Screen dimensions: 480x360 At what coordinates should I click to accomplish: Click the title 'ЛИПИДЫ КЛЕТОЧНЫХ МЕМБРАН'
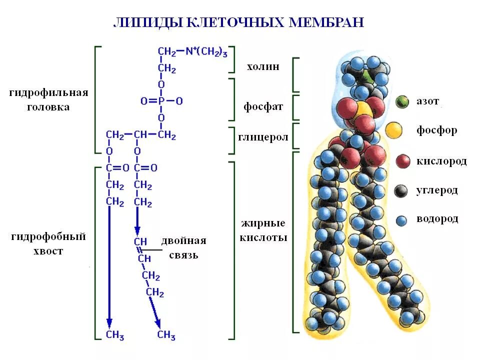pos(239,22)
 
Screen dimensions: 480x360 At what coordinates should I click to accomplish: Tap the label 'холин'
pos(262,66)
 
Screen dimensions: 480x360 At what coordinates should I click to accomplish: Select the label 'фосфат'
pos(263,107)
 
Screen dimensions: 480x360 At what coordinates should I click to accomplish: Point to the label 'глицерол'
pos(262,137)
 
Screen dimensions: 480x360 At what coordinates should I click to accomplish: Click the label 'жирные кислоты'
pos(263,230)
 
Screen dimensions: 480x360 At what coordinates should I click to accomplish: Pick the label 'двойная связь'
pos(183,248)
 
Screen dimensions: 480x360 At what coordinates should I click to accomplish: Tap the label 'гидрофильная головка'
pos(49,100)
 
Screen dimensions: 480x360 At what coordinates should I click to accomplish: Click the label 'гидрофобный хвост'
pos(49,243)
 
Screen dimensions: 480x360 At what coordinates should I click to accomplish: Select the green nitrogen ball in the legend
pos(401,102)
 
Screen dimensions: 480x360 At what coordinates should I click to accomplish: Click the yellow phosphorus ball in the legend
pos(394,130)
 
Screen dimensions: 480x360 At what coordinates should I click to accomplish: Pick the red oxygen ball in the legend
pos(402,161)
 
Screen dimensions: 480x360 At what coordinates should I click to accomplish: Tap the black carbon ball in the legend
pos(401,190)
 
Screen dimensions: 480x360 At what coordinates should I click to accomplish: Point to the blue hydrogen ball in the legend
pos(401,219)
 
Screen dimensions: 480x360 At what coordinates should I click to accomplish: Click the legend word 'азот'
pos(427,101)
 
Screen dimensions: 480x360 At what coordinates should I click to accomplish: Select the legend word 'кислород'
pos(441,161)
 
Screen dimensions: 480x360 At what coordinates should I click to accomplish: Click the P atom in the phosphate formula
pos(161,101)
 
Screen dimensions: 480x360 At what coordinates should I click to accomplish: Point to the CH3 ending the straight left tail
pos(114,335)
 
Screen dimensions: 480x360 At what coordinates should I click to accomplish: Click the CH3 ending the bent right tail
pos(166,335)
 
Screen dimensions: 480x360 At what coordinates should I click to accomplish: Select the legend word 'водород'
pos(437,219)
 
